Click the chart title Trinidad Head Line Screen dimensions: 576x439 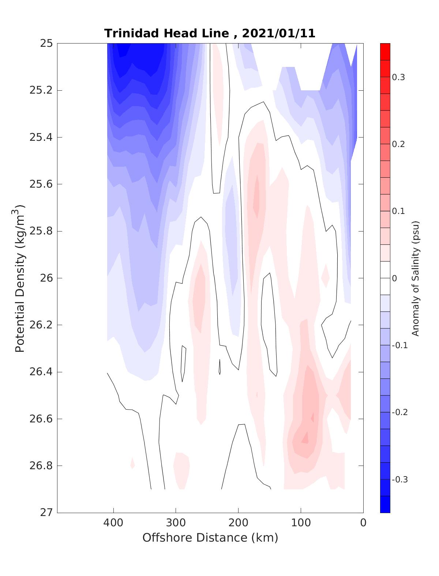point(167,34)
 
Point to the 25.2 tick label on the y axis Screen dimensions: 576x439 point(41,90)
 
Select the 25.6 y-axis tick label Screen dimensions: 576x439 point(41,184)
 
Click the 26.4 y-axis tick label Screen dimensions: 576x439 point(41,372)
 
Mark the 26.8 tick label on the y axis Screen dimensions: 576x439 point(41,466)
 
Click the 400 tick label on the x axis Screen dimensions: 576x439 point(113,523)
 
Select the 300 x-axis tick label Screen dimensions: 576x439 point(176,523)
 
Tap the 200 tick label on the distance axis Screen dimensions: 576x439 point(239,523)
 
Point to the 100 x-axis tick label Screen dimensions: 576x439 point(301,523)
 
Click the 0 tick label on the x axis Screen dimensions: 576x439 point(363,523)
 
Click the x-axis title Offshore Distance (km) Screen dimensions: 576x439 point(210,538)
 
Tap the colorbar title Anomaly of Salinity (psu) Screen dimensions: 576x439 point(415,278)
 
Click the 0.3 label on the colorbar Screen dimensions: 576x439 point(399,77)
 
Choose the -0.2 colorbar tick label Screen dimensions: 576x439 point(399,412)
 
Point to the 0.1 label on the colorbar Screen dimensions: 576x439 point(399,211)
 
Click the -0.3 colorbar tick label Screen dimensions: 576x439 point(399,479)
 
